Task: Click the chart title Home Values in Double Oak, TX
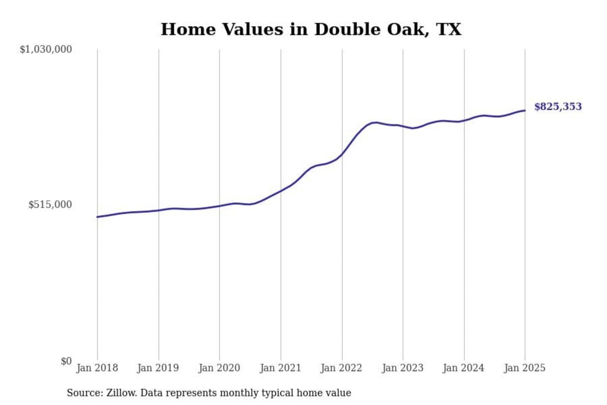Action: tap(311, 30)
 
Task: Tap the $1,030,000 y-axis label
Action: tap(46, 49)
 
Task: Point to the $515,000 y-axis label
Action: tap(50, 205)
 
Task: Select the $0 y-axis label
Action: tap(66, 361)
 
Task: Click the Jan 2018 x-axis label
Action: tap(97, 368)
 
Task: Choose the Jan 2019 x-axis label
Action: tap(158, 368)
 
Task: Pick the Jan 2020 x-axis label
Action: tap(219, 368)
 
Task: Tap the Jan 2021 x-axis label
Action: tap(280, 368)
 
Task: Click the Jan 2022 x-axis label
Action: tap(341, 368)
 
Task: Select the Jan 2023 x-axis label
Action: tap(403, 368)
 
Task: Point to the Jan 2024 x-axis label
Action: tap(463, 368)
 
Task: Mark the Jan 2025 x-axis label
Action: tap(524, 368)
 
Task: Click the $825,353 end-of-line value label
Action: tap(558, 107)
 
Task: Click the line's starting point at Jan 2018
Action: tap(97, 217)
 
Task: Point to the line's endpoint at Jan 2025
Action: tap(525, 111)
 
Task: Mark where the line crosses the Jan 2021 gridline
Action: tap(281, 191)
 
